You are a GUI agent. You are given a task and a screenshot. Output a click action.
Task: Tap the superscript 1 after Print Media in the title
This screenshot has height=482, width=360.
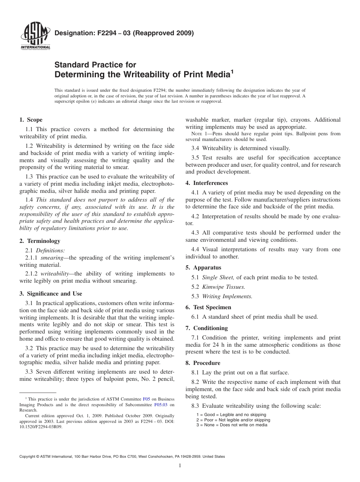(x=232, y=71)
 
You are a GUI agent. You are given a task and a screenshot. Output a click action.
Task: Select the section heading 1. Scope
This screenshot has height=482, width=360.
(x=31, y=120)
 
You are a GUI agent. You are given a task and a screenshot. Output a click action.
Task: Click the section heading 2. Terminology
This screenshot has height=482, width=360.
(x=40, y=241)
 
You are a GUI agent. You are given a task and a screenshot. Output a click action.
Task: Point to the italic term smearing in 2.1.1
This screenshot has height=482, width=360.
(x=52, y=258)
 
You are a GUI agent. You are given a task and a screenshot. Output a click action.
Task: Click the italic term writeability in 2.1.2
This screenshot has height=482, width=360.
(x=55, y=274)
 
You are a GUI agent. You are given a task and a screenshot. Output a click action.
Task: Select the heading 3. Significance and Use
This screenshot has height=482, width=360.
(x=50, y=294)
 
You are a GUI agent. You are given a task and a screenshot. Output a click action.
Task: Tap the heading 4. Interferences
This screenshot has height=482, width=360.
(x=207, y=183)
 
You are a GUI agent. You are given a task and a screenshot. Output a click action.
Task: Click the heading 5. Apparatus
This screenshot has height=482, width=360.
(x=203, y=268)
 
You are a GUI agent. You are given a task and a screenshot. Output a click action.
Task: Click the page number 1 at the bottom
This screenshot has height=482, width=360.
(x=180, y=466)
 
